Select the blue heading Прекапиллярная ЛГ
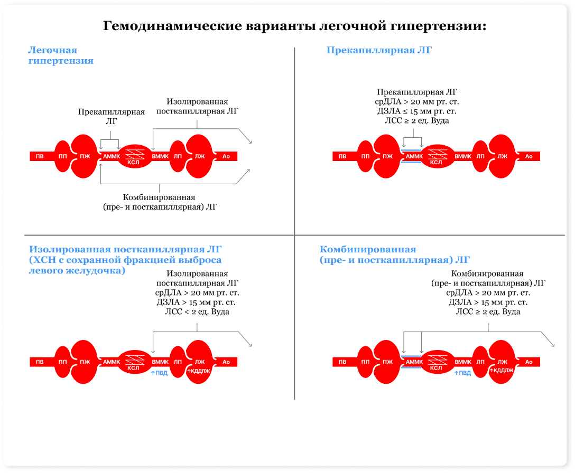pyautogui.click(x=379, y=51)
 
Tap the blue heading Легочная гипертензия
pyautogui.click(x=60, y=55)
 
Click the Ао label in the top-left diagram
pyautogui.click(x=226, y=156)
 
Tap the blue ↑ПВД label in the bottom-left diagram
pyautogui.click(x=159, y=373)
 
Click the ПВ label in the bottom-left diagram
pyautogui.click(x=40, y=362)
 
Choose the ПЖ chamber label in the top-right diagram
pyautogui.click(x=388, y=156)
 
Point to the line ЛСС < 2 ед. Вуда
pyautogui.click(x=197, y=312)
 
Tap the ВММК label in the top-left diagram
pyautogui.click(x=160, y=156)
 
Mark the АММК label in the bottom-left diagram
pyautogui.click(x=112, y=362)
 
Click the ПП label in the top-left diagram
pyautogui.click(x=62, y=156)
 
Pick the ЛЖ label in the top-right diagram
pyautogui.click(x=502, y=156)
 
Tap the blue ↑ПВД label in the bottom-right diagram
pyautogui.click(x=462, y=373)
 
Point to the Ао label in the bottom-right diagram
pyautogui.click(x=528, y=362)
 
